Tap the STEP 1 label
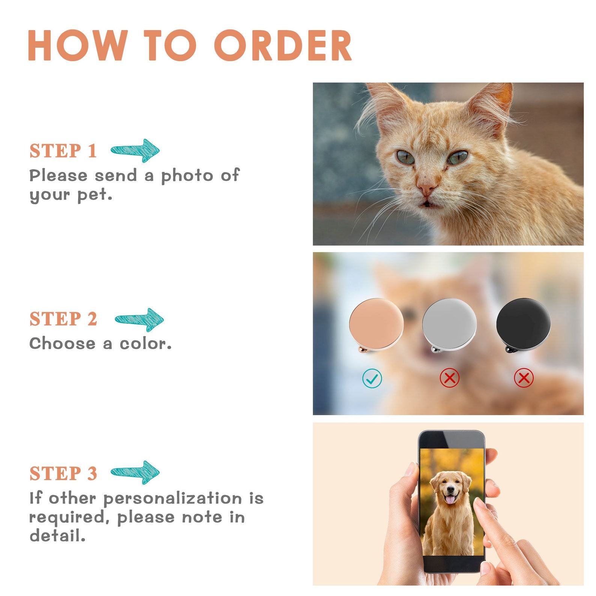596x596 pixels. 63,151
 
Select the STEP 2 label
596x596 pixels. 63,319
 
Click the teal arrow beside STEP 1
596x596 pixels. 135,151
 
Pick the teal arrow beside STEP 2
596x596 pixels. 139,320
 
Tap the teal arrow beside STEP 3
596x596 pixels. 135,473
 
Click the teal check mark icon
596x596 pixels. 372,378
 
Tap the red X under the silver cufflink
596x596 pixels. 450,378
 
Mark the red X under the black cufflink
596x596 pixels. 524,378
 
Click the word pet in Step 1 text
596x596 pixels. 95,196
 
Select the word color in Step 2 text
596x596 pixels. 146,344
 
